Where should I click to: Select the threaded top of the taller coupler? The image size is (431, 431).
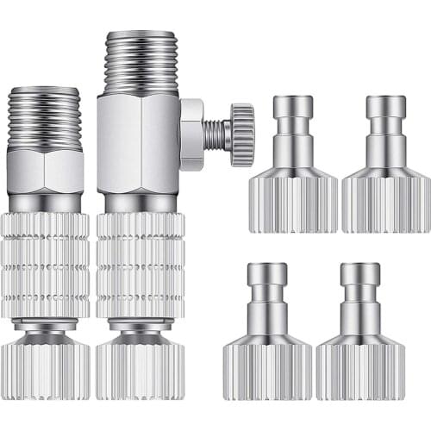point(141,63)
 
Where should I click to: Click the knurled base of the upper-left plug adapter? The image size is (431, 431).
point(293,200)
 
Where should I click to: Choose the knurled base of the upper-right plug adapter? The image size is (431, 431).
point(385,200)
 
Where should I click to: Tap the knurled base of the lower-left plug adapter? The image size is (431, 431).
point(268,368)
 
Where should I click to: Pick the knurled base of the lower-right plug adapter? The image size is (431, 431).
point(360,368)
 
